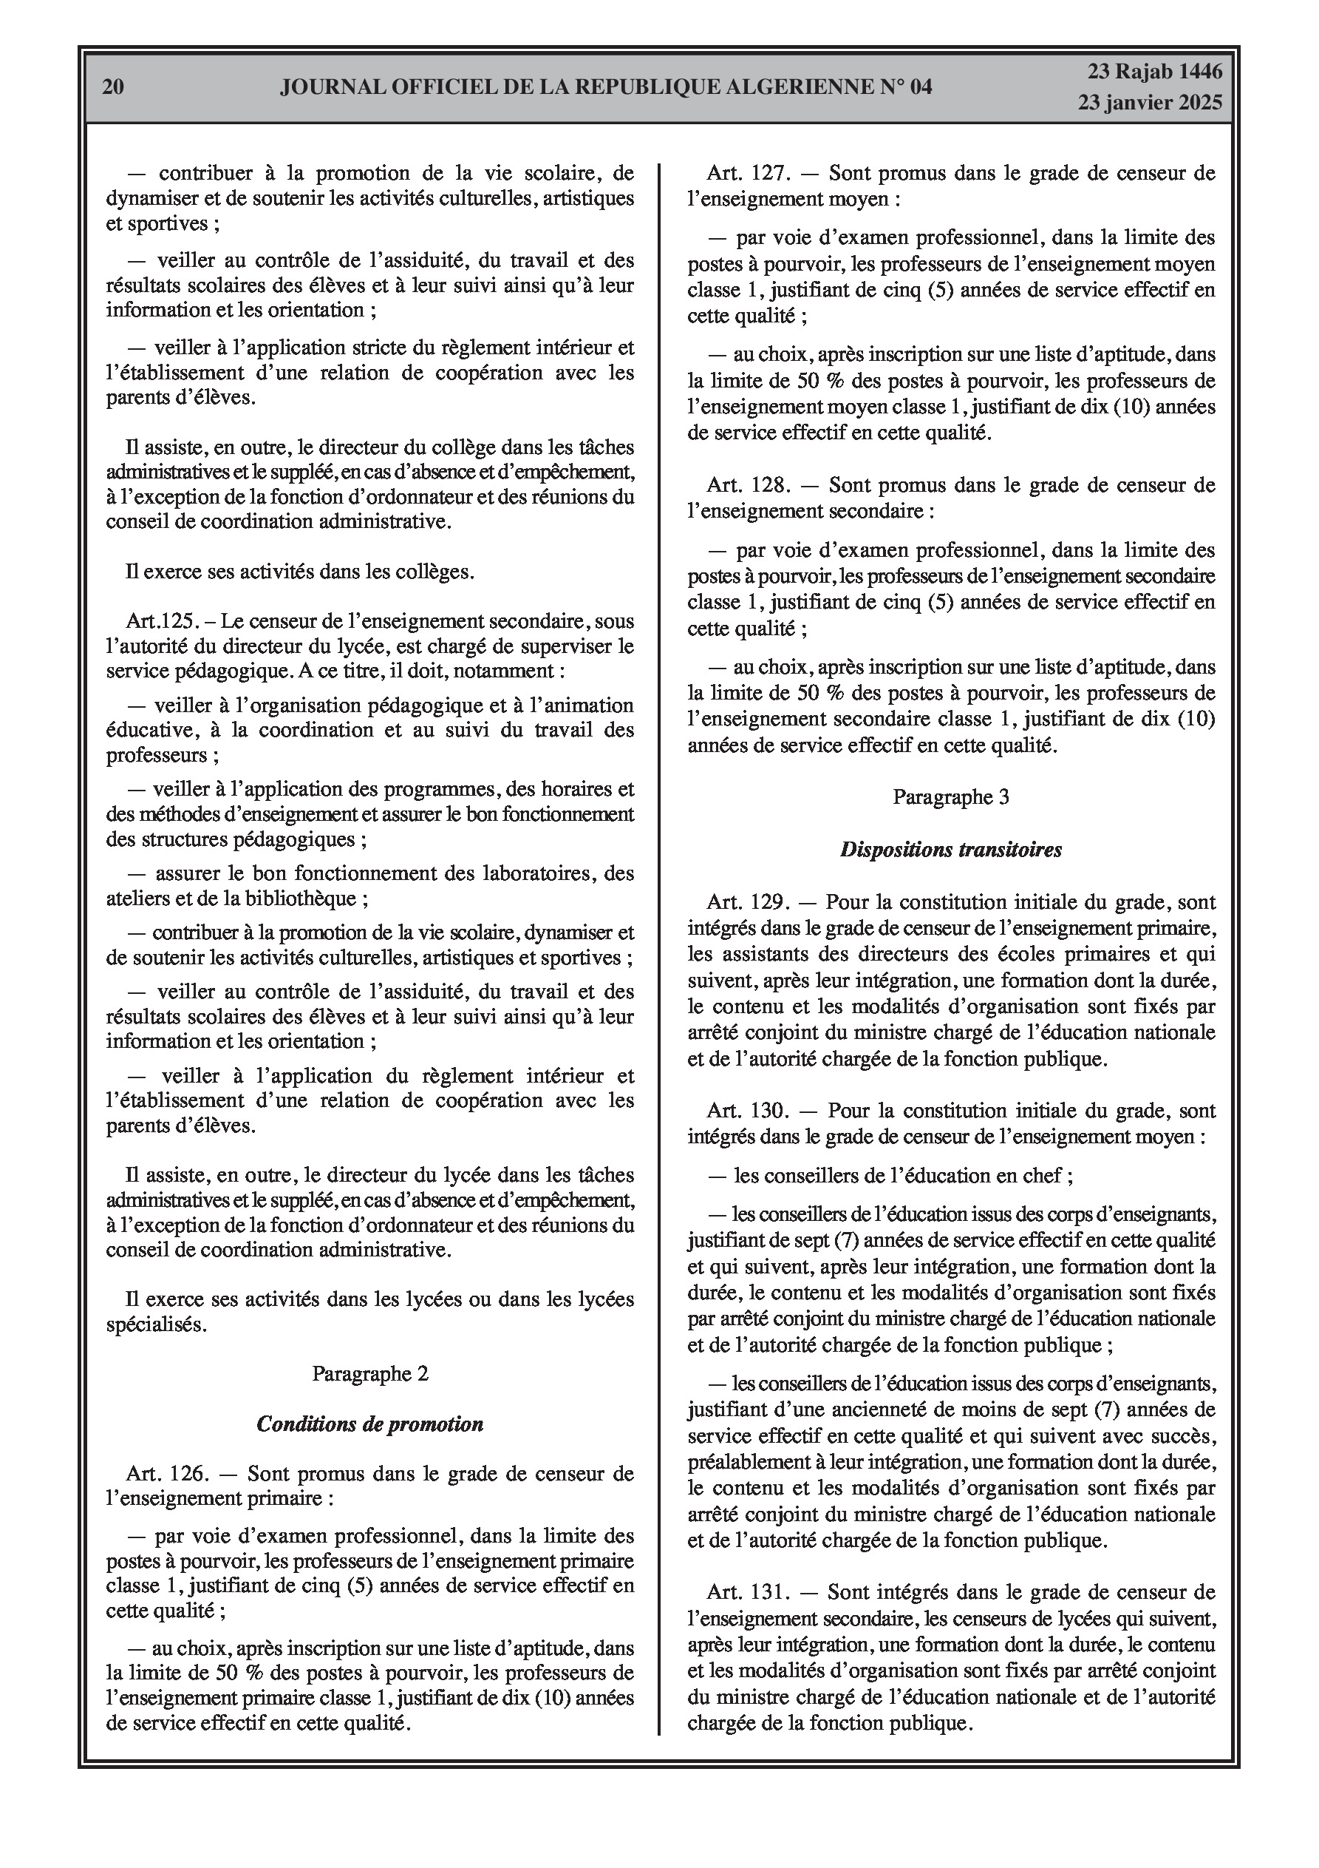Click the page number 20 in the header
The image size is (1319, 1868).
click(x=113, y=87)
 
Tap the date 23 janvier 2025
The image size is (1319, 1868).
click(x=1150, y=103)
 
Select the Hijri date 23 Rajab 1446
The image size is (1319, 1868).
click(x=1155, y=72)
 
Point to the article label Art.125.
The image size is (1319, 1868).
click(x=162, y=622)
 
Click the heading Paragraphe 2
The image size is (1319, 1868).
click(x=370, y=1373)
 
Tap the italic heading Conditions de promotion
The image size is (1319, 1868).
click(x=370, y=1424)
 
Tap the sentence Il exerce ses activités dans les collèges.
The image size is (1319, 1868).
click(x=299, y=572)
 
